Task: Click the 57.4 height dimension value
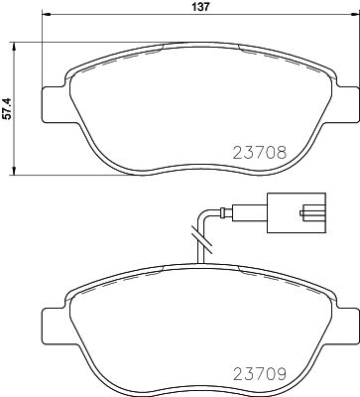9,107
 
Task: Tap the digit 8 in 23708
282,154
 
